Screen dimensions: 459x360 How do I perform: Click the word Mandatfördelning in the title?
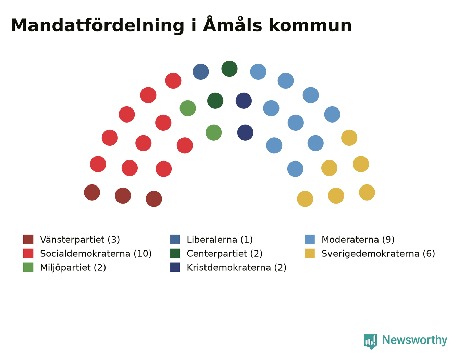click(97, 26)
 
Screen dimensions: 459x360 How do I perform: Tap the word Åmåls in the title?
click(233, 24)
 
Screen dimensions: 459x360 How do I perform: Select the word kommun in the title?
click(310, 26)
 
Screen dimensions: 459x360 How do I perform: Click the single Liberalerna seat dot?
click(201, 72)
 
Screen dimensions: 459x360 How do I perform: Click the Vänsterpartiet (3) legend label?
click(80, 240)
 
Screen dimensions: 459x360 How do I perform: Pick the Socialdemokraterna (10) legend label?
click(96, 254)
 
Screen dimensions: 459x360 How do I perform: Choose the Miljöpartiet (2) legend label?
click(73, 267)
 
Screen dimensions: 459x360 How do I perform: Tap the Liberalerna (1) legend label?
click(220, 240)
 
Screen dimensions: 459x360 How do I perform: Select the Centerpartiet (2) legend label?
click(225, 254)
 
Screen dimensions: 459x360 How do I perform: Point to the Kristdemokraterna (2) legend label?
click(237, 267)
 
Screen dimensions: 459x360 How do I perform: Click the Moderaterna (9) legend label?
click(358, 240)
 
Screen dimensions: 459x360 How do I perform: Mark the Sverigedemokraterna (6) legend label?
click(378, 254)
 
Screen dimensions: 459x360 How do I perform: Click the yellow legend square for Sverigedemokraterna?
click(309, 254)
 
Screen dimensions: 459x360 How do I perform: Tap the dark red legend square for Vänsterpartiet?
click(28, 240)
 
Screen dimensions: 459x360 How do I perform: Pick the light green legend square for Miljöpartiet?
click(28, 267)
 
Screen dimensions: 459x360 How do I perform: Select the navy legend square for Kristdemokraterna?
click(175, 267)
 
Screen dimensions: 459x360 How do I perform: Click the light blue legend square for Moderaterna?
click(309, 240)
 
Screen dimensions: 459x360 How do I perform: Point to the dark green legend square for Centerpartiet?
click(175, 254)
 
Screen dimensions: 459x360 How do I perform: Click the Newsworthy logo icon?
click(370, 341)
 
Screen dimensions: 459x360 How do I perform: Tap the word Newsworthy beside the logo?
click(415, 340)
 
